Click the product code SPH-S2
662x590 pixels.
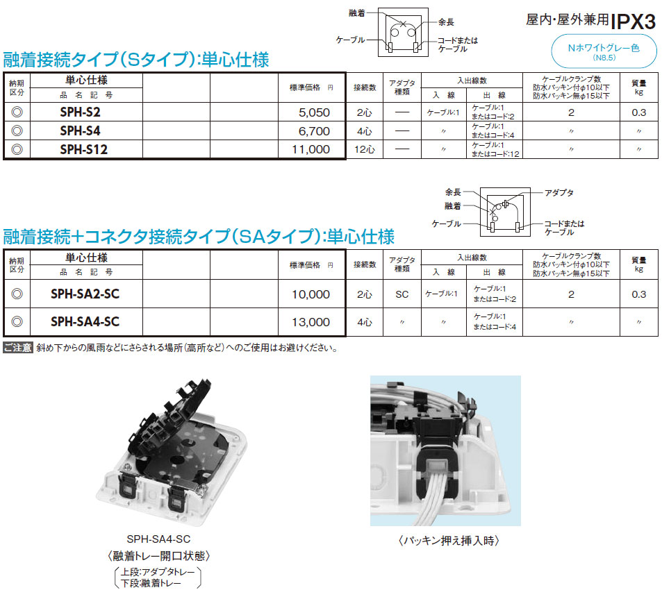80,112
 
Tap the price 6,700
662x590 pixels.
314,131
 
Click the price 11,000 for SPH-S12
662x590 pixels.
311,149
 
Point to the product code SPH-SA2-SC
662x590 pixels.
85,294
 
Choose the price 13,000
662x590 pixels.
311,322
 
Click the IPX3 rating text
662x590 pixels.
634,21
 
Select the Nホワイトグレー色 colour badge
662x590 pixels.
604,51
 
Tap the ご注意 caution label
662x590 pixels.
18,348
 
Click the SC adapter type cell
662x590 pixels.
402,294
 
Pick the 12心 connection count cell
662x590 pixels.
365,149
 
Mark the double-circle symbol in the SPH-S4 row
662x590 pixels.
17,130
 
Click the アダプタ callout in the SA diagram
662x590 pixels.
559,193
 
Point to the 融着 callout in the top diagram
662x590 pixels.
357,13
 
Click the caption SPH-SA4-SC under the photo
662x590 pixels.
159,539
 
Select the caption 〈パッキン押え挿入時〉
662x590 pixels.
449,541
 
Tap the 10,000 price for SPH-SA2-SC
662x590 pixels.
311,294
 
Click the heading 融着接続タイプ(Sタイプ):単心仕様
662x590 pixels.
136,60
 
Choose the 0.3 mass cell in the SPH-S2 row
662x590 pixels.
639,112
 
